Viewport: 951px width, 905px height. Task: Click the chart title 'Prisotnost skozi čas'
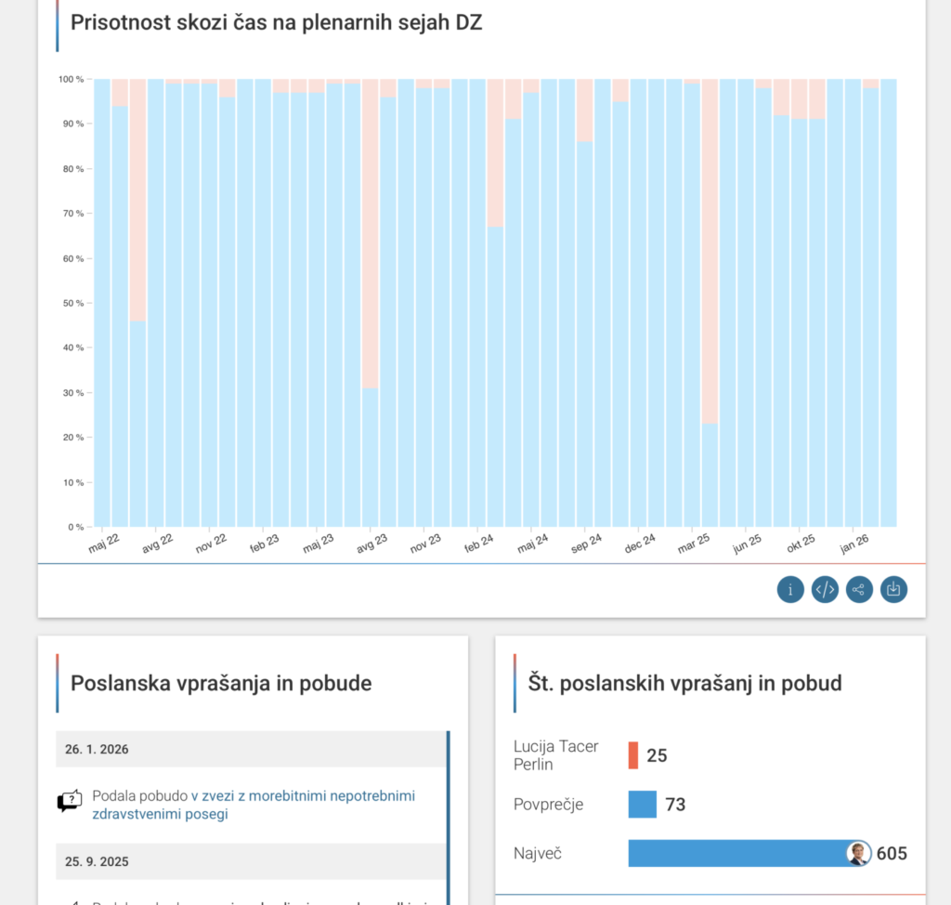[x=276, y=23]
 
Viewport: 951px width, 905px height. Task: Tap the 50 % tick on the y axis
[x=72, y=303]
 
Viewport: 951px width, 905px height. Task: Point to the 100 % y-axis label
[x=71, y=79]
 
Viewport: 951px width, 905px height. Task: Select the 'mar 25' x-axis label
[x=692, y=543]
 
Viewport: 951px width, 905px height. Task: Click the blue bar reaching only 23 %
[x=710, y=475]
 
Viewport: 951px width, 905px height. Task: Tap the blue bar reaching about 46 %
[x=137, y=424]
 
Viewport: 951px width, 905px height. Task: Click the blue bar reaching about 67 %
[x=495, y=376]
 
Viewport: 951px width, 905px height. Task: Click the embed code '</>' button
[x=825, y=589]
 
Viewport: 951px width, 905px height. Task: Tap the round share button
[x=859, y=589]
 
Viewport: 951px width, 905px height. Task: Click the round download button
[x=893, y=589]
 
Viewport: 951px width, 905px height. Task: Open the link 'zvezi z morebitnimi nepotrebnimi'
[x=307, y=796]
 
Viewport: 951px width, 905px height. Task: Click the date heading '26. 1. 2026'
[x=98, y=749]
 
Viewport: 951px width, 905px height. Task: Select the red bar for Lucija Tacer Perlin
[x=633, y=755]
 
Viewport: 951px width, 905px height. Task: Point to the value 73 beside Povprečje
[x=675, y=805]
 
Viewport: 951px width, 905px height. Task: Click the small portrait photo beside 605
[x=859, y=853]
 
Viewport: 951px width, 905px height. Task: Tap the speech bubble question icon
[x=70, y=801]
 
